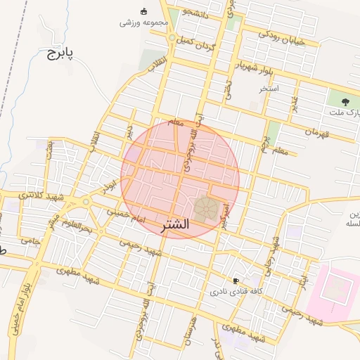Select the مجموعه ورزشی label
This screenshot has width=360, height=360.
pyautogui.click(x=145, y=22)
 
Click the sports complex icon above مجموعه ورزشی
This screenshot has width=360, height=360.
pyautogui.click(x=145, y=11)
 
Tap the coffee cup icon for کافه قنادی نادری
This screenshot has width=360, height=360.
pyautogui.click(x=236, y=280)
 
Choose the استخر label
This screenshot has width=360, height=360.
pyautogui.click(x=269, y=89)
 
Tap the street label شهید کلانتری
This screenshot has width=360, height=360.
pyautogui.click(x=40, y=195)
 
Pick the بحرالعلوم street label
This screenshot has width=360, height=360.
pyautogui.click(x=75, y=226)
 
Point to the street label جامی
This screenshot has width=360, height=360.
pyautogui.click(x=29, y=240)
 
